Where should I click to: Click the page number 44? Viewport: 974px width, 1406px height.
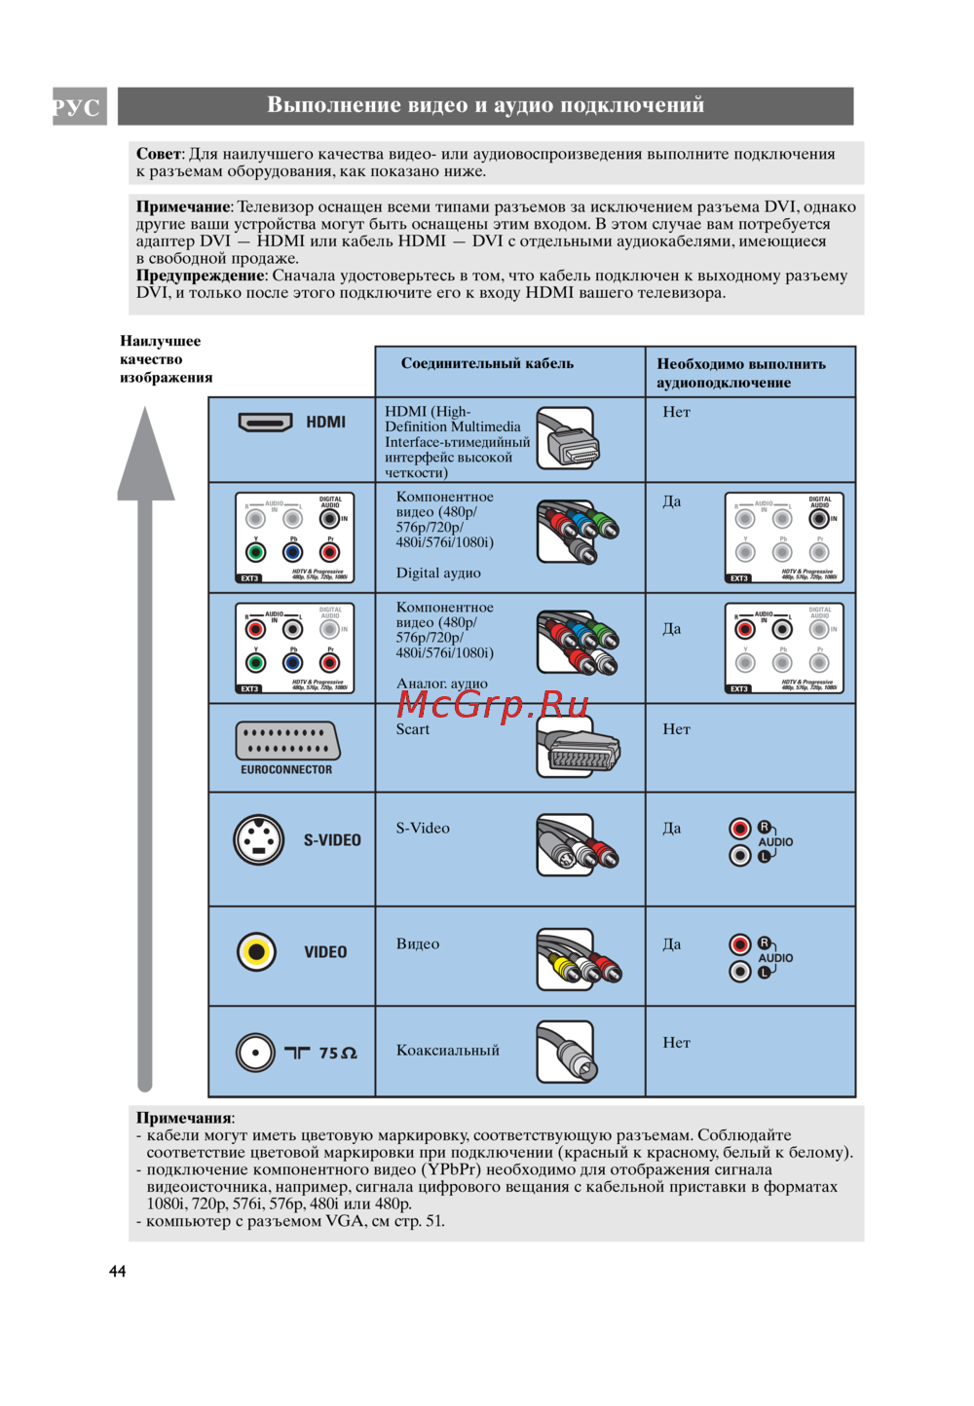pyautogui.click(x=117, y=1271)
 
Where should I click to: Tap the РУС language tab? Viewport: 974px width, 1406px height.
pyautogui.click(x=78, y=106)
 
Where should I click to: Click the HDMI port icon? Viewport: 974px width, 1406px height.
pyautogui.click(x=265, y=423)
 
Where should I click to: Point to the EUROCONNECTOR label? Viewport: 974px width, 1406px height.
pyautogui.click(x=286, y=769)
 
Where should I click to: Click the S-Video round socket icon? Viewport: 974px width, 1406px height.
pyautogui.click(x=258, y=839)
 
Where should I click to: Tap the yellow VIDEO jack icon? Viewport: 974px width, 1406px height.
pyautogui.click(x=256, y=951)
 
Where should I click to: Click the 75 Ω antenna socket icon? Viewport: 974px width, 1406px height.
pyautogui.click(x=255, y=1053)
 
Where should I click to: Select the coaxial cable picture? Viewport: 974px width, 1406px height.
pyautogui.click(x=566, y=1052)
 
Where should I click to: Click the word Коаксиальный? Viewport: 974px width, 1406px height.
pyautogui.click(x=447, y=1050)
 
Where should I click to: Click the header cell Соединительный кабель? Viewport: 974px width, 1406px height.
pyautogui.click(x=487, y=363)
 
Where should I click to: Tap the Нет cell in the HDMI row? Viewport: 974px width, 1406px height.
pyautogui.click(x=676, y=412)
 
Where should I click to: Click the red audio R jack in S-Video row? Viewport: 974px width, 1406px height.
pyautogui.click(x=740, y=829)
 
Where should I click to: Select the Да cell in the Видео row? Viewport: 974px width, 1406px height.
pyautogui.click(x=672, y=944)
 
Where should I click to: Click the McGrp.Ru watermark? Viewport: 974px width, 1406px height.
pyautogui.click(x=493, y=703)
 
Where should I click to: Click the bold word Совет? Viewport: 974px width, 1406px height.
pyautogui.click(x=159, y=154)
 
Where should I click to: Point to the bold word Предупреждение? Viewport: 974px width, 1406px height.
pyautogui.click(x=200, y=276)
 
